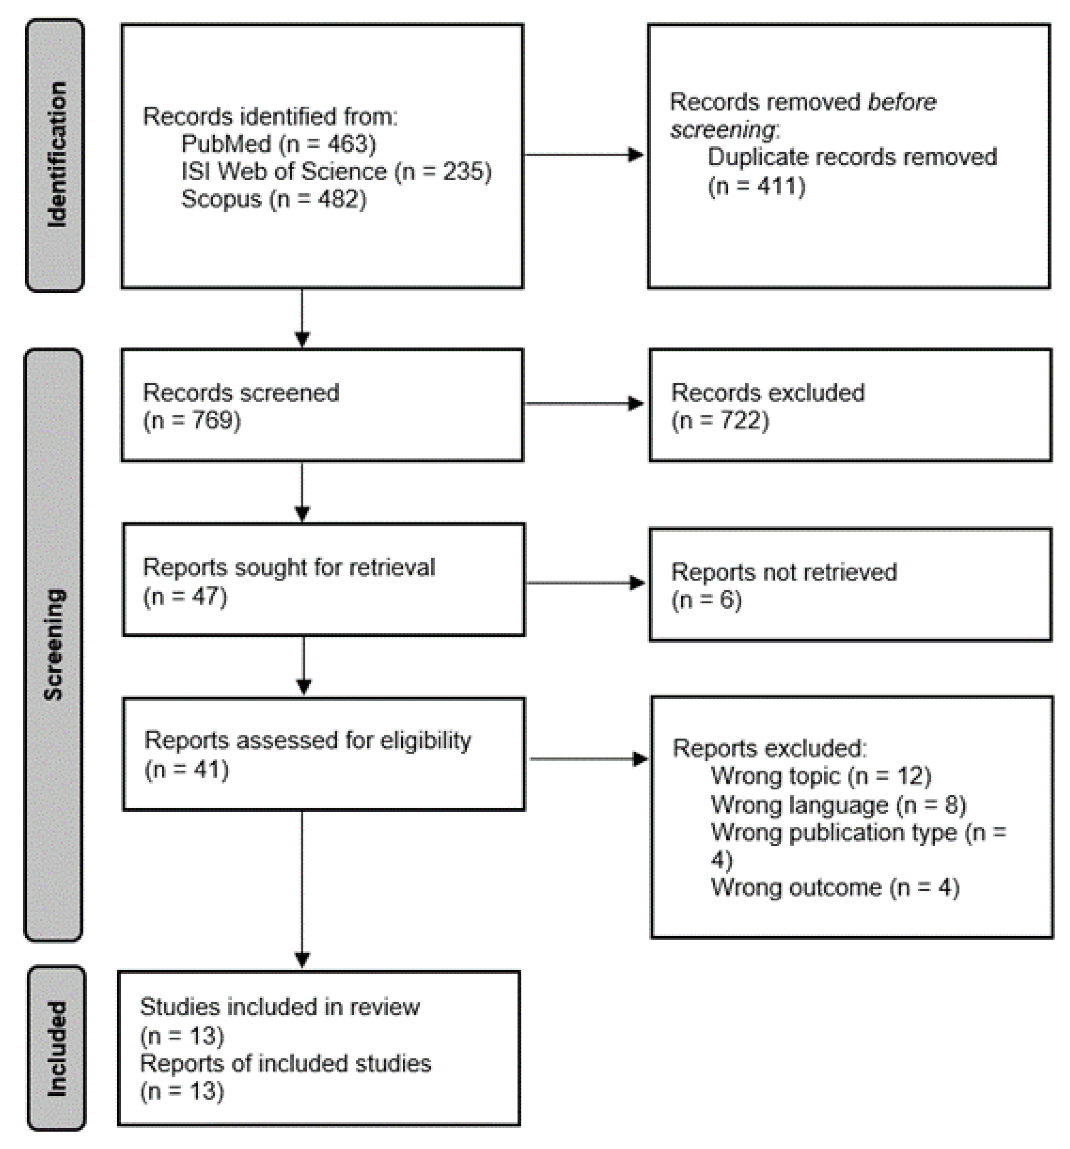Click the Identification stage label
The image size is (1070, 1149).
(x=55, y=155)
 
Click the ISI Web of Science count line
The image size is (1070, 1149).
(x=336, y=172)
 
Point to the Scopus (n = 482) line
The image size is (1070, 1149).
(x=273, y=199)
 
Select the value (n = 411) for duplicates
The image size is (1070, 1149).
(x=756, y=186)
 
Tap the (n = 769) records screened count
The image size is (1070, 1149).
(x=192, y=421)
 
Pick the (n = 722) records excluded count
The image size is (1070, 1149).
(x=720, y=421)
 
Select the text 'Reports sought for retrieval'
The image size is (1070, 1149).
(x=288, y=568)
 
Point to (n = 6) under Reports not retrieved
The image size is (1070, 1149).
(x=706, y=600)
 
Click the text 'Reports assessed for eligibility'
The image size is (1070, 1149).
(x=307, y=740)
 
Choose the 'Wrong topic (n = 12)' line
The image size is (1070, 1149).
(x=820, y=776)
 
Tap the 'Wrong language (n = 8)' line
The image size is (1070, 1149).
(x=838, y=805)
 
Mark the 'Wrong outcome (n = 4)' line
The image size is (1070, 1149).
(x=835, y=887)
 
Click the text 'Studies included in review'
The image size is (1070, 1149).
(x=279, y=1007)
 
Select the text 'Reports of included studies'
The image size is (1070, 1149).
(x=285, y=1064)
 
